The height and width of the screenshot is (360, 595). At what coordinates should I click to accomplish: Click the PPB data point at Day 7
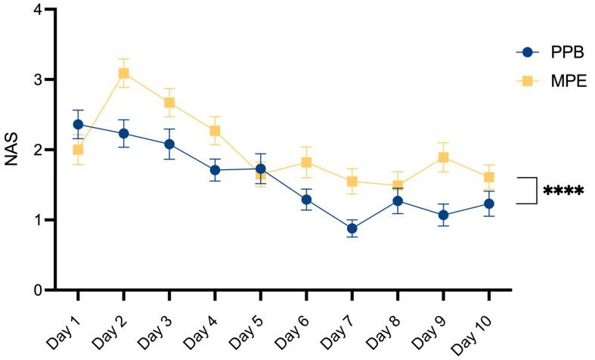click(x=352, y=228)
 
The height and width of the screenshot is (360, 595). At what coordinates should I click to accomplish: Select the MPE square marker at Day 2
click(x=123, y=73)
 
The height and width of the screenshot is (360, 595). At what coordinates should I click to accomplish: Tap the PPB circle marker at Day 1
click(x=78, y=124)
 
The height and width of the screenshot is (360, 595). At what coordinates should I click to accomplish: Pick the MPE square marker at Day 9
click(x=443, y=157)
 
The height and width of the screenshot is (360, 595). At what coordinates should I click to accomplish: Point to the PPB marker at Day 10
click(x=488, y=203)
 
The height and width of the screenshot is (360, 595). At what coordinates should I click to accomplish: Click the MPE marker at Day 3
click(x=169, y=103)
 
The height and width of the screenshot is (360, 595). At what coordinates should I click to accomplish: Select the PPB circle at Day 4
click(x=215, y=170)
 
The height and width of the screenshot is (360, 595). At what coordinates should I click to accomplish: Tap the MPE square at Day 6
click(x=306, y=162)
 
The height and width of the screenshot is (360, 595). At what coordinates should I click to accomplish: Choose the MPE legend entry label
click(x=569, y=81)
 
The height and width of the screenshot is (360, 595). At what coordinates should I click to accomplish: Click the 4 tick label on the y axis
click(x=38, y=10)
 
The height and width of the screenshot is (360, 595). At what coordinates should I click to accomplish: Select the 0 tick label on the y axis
click(x=38, y=290)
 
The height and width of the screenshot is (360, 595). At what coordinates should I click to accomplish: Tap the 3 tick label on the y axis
click(x=38, y=80)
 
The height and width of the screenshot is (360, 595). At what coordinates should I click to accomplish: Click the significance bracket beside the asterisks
click(x=534, y=191)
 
